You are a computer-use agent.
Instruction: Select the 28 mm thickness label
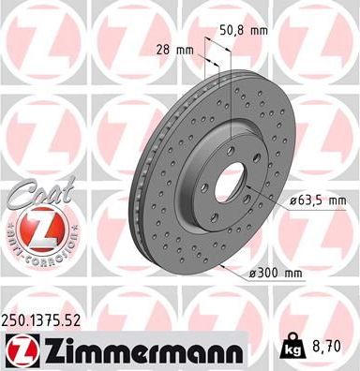[x=175, y=47]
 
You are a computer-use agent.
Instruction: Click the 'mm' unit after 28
[x=186, y=47]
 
